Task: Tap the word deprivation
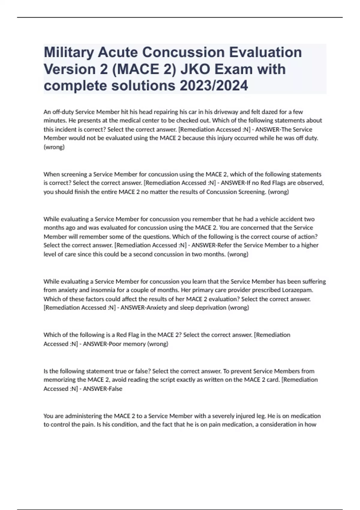211,307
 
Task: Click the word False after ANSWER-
115,389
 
